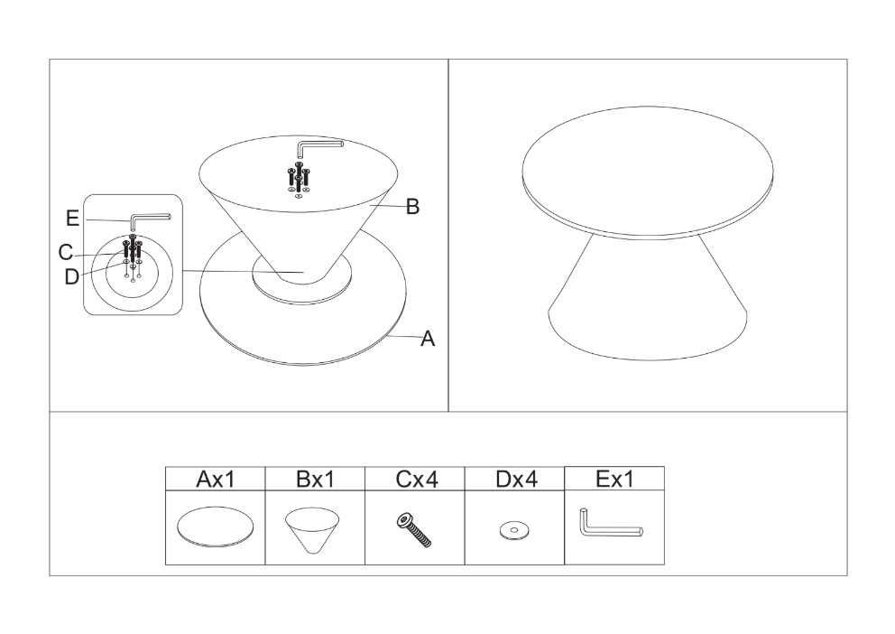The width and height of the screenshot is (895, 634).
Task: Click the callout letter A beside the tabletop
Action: pos(428,339)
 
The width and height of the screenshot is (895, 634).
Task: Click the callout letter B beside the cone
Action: pos(412,207)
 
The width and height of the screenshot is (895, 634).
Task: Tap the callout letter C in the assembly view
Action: pos(66,253)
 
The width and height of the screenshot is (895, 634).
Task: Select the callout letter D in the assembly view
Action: pos(71,277)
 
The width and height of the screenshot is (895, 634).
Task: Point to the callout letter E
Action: pos(72,219)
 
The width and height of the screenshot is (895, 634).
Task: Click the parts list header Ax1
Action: pos(216,480)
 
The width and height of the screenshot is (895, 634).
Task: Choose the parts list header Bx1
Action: pos(315,480)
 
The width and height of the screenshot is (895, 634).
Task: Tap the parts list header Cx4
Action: pos(417,480)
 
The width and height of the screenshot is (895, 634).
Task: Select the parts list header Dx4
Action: pos(517,480)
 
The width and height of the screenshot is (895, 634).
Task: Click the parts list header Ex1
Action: pos(614,479)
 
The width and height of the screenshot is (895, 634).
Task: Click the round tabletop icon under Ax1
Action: pos(216,527)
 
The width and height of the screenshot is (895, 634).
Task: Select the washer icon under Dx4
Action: pos(514,531)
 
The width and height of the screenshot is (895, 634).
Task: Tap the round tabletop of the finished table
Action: pos(648,172)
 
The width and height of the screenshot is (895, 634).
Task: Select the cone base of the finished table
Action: pos(648,309)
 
